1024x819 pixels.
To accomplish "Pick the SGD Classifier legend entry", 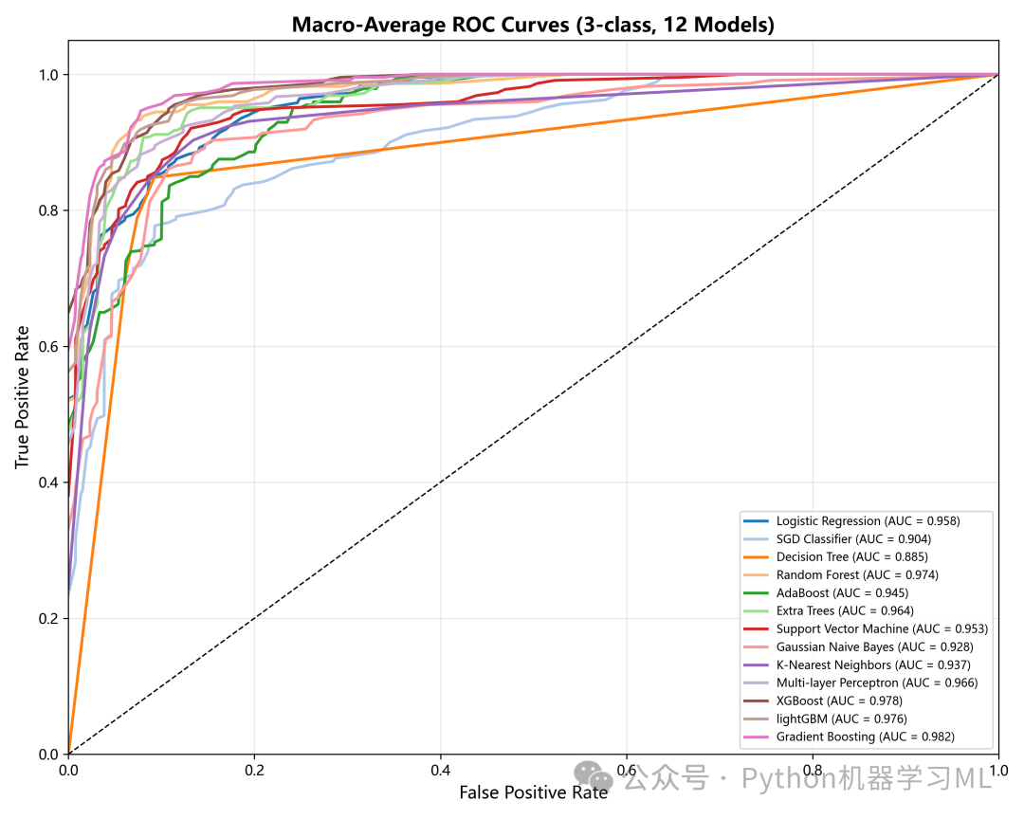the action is click(837, 538).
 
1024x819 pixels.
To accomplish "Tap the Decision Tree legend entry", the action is click(835, 557).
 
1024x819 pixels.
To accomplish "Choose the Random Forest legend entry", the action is click(840, 574).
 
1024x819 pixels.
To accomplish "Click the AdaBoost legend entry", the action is click(826, 593).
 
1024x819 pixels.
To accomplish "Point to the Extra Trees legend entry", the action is click(829, 610).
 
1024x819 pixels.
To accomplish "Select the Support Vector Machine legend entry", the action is click(866, 629).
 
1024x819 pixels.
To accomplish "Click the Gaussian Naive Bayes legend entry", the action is click(858, 646).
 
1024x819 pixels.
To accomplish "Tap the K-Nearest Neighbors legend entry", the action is click(857, 664).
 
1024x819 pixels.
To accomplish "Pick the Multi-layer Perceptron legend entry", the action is click(861, 682).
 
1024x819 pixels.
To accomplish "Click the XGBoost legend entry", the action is click(823, 701).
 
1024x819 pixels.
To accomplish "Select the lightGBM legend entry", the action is click(826, 719).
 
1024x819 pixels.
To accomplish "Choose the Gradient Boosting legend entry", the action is click(849, 737).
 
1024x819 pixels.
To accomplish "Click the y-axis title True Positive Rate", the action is click(22, 397).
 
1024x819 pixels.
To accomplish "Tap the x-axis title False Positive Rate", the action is click(534, 792).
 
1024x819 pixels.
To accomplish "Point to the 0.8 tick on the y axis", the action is click(48, 210).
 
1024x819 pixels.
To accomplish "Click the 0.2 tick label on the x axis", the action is click(254, 771).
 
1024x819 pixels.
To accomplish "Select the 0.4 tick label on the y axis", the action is click(48, 482).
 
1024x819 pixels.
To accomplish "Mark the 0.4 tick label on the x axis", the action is click(440, 771).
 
